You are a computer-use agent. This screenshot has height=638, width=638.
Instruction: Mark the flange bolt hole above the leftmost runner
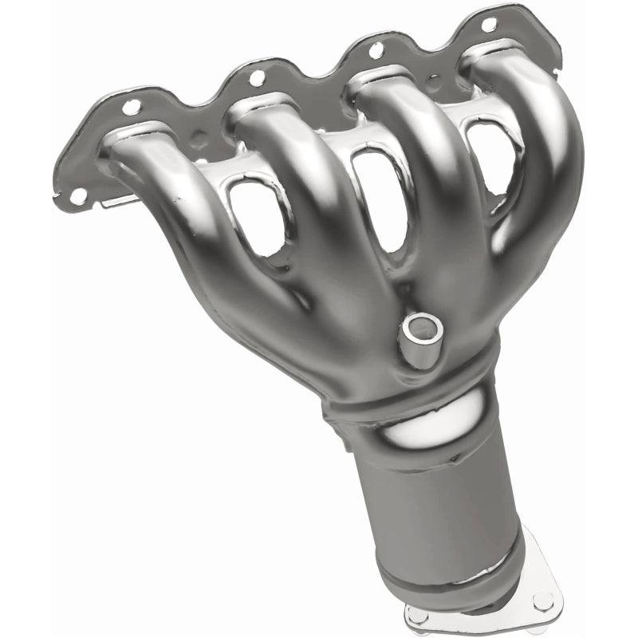tap(132, 104)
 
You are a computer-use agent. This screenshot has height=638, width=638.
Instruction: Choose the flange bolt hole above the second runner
tap(256, 78)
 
